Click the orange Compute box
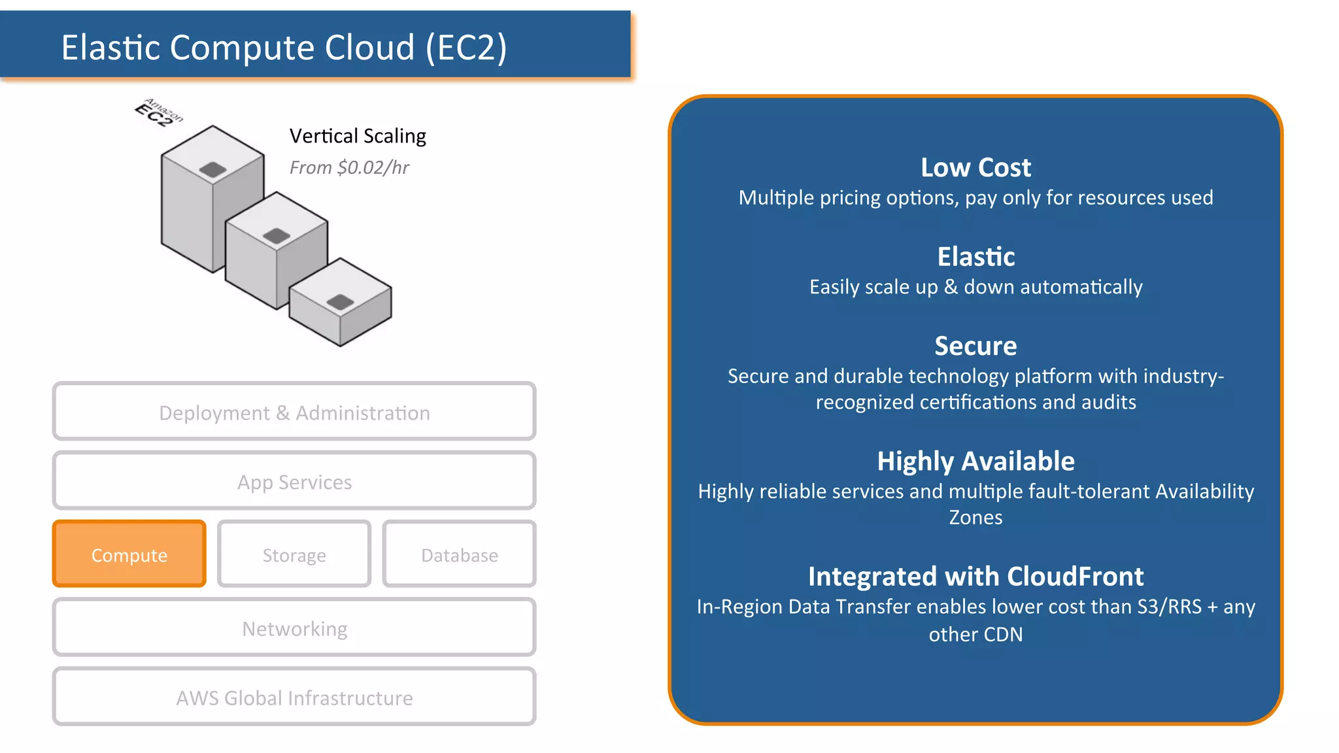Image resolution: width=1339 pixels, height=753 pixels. point(129,554)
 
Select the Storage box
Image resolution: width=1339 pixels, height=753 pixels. point(294,554)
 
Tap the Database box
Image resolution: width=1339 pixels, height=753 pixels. point(459,554)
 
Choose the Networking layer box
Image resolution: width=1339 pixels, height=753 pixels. point(294,627)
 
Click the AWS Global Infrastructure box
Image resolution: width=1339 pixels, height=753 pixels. point(294,697)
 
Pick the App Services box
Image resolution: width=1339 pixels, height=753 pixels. point(294,481)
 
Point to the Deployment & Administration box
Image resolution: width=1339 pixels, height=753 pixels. point(294,412)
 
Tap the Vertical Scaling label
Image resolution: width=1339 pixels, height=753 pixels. point(358,136)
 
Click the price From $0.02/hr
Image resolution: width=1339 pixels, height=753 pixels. point(349,168)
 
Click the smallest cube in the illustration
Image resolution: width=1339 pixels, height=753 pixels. point(340,307)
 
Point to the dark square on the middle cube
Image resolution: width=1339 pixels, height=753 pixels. point(276,236)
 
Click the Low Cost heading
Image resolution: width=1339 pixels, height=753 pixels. point(975,167)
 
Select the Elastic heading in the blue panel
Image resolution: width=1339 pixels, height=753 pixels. point(975,257)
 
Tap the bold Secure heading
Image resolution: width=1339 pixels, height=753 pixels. point(975,346)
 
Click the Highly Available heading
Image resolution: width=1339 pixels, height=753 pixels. point(975,461)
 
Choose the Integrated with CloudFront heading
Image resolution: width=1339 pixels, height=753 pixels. point(975,577)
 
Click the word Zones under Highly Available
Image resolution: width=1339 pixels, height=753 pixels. point(975,518)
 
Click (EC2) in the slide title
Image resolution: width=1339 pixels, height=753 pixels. point(466,48)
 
